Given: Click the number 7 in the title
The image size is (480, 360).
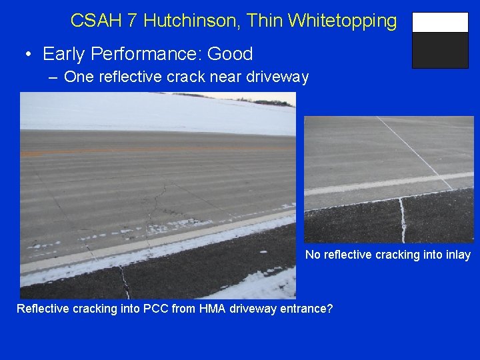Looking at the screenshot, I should point(131,21).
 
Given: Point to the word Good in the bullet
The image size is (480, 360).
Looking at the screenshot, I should point(229,53).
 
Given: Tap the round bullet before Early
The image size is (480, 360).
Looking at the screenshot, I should point(30,54).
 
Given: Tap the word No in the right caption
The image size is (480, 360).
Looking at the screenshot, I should point(312,255).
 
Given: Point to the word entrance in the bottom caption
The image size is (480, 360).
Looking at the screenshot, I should point(300,309).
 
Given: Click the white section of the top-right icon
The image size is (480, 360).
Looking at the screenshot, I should point(440,23).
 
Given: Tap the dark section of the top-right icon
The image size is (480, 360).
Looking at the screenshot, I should point(440,51).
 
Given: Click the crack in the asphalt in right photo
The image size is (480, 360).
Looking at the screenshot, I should point(403,220).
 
